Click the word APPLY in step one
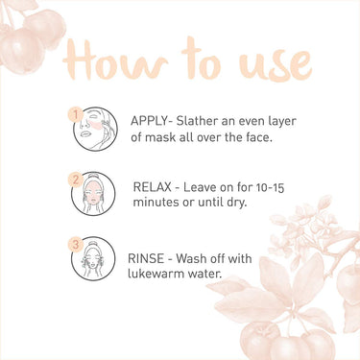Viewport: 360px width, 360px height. (x=149, y=121)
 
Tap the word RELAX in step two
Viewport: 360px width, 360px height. (x=152, y=187)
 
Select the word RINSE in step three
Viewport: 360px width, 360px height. (x=146, y=258)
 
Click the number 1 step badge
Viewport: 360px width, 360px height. (x=76, y=114)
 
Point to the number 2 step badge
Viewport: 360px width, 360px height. (x=76, y=180)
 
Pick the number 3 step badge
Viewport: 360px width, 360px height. (x=76, y=245)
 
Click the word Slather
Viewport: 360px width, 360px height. (x=197, y=121)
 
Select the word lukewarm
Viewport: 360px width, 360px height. (x=156, y=274)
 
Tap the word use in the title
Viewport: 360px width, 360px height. (x=275, y=63)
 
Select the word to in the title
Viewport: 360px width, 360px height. (x=201, y=59)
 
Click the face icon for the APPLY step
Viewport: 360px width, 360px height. (x=96, y=129)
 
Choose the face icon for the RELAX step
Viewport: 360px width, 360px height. (x=93, y=194)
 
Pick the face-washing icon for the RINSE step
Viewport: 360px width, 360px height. (x=93, y=258)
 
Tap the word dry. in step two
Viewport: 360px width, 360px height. (x=236, y=203)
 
